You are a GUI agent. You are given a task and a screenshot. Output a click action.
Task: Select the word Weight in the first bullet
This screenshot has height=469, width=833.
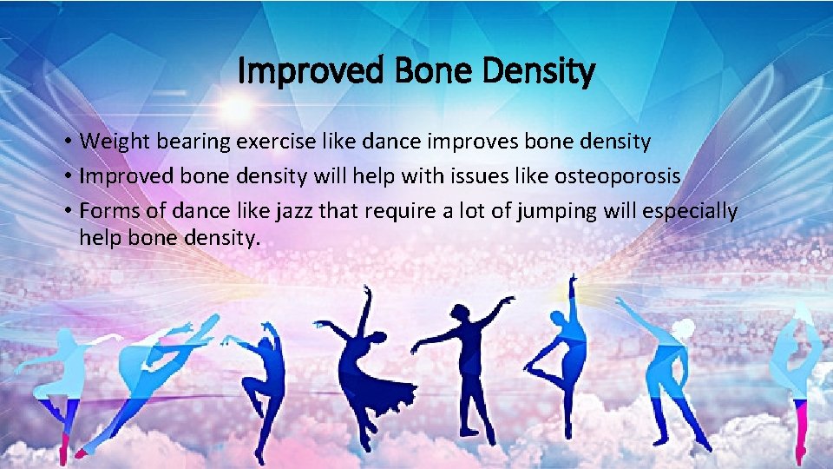(x=114, y=141)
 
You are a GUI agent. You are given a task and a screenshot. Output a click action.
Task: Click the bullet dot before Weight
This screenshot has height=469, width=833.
(x=68, y=142)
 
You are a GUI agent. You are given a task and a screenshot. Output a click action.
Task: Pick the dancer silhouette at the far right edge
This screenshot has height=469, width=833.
(x=800, y=382)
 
